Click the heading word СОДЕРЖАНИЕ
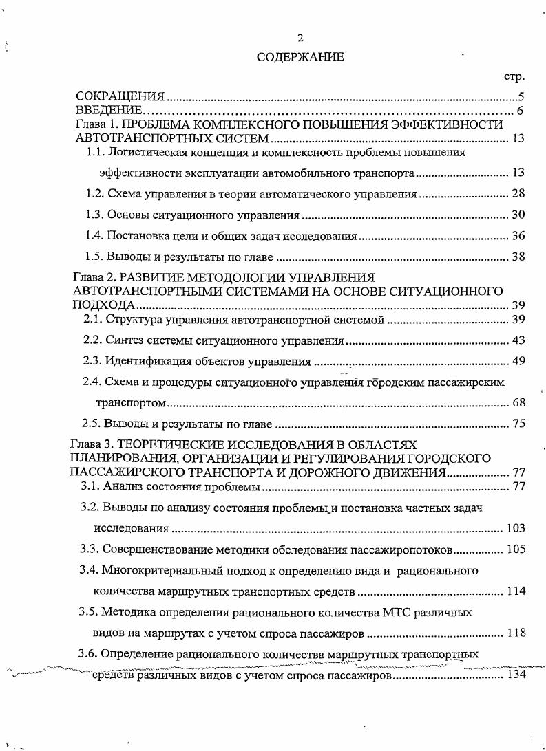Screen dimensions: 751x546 300,57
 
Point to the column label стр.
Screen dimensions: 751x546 514,76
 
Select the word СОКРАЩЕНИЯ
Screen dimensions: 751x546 120,96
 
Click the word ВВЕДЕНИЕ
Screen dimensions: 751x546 108,110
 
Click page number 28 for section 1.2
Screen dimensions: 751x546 518,194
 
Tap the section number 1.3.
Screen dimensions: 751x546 94,215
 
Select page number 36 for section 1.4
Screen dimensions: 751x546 518,236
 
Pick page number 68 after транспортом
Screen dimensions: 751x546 518,402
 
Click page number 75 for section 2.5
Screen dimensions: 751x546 518,424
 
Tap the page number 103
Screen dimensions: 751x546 515,528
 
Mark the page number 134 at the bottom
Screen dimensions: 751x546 516,675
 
